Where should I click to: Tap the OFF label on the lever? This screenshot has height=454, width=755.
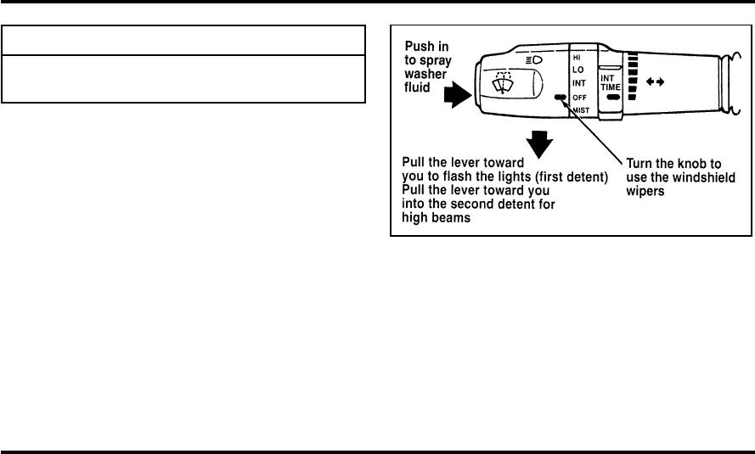pyautogui.click(x=579, y=96)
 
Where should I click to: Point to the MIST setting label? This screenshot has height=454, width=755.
pyautogui.click(x=581, y=110)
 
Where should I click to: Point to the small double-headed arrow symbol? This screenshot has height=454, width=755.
pyautogui.click(x=654, y=81)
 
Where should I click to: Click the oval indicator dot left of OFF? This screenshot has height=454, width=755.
pyautogui.click(x=559, y=97)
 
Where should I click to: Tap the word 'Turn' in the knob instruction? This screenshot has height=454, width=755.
pyautogui.click(x=642, y=161)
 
